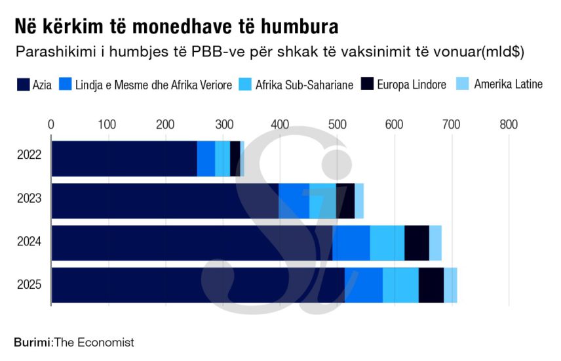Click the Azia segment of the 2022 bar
[124, 158]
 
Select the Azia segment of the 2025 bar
[197, 285]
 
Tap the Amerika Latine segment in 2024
[435, 243]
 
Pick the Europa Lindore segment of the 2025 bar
[431, 285]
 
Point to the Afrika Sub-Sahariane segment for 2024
[387, 243]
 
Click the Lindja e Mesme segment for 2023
[294, 201]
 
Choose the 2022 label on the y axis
[29, 156]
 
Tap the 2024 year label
[29, 242]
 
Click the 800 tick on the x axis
[509, 124]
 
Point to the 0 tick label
[51, 124]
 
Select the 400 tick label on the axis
[280, 124]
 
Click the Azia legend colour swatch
[23, 85]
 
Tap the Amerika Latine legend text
[508, 84]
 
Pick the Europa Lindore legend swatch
[367, 85]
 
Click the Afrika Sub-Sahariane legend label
[304, 85]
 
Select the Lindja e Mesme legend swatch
[65, 85]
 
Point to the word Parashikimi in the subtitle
[50, 51]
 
